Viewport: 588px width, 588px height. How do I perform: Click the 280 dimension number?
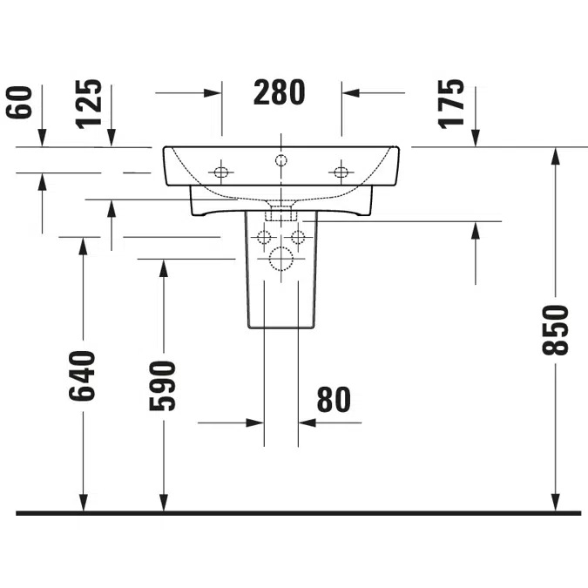(x=280, y=92)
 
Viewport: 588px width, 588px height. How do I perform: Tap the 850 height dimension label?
(x=556, y=330)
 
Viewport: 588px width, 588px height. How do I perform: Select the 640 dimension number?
(x=82, y=375)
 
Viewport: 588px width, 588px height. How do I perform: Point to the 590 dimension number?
(x=162, y=386)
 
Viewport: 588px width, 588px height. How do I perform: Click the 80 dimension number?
(x=334, y=400)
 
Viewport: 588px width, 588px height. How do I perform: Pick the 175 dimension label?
(x=450, y=104)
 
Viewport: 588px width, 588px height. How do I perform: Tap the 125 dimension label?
(x=89, y=104)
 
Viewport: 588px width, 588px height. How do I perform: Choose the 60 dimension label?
(x=19, y=103)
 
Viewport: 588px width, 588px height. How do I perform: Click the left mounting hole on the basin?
(x=221, y=172)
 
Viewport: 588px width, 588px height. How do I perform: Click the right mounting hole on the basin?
(x=341, y=172)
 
